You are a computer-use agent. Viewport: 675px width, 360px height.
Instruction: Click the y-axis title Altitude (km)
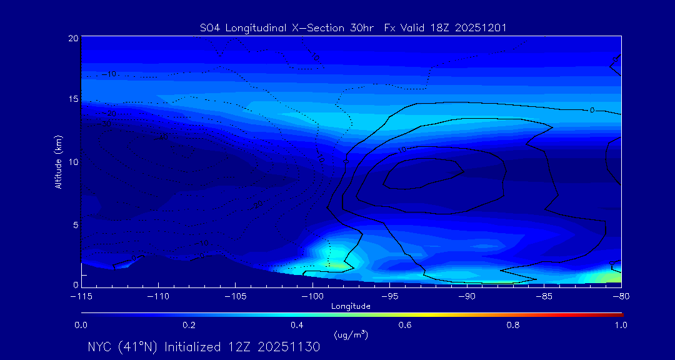point(59,161)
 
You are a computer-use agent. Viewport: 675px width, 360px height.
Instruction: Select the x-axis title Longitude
point(351,306)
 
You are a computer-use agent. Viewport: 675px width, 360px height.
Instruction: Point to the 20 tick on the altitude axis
point(73,39)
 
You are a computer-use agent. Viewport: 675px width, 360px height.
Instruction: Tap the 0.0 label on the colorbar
point(81,325)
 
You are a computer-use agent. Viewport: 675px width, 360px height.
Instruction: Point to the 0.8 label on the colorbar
point(513,325)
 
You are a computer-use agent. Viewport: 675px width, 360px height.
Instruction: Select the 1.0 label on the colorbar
point(621,325)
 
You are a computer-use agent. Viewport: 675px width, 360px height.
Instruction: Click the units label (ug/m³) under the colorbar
point(351,335)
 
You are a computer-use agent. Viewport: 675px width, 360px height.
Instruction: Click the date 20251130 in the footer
point(291,347)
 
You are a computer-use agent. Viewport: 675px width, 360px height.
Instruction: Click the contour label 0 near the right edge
point(592,110)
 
